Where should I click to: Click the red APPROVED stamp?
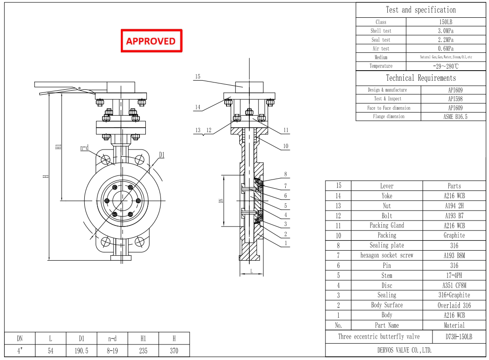pyautogui.click(x=151, y=41)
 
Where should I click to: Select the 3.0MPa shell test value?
pyautogui.click(x=445, y=31)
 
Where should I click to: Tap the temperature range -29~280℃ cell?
pyautogui.click(x=445, y=66)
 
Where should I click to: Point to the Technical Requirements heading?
pyautogui.click(x=420, y=78)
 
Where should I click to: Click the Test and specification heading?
pyautogui.click(x=420, y=10)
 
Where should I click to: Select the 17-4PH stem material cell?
pyautogui.click(x=454, y=275)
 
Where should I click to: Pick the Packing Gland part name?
pyautogui.click(x=386, y=226)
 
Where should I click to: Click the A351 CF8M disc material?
pyautogui.click(x=454, y=285)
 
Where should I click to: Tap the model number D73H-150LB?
pyautogui.click(x=458, y=337)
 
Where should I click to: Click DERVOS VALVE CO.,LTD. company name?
pyautogui.click(x=404, y=350)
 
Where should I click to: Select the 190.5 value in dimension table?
pyautogui.click(x=81, y=351)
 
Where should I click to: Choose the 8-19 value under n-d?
pyautogui.click(x=112, y=351)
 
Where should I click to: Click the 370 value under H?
pyautogui.click(x=174, y=351)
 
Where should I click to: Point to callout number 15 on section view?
pyautogui.click(x=198, y=77)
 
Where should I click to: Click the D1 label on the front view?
pyautogui.click(x=161, y=155)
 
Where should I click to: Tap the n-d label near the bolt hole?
pyautogui.click(x=84, y=148)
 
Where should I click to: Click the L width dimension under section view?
pyautogui.click(x=252, y=271)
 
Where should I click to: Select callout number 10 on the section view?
pyautogui.click(x=286, y=146)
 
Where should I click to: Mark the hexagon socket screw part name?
pyautogui.click(x=386, y=256)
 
